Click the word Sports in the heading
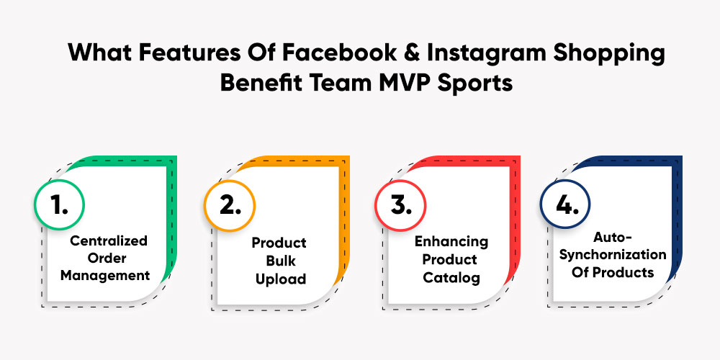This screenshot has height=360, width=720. pyautogui.click(x=474, y=84)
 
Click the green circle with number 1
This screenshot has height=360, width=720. pyautogui.click(x=59, y=204)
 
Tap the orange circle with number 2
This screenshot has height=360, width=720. pyautogui.click(x=230, y=205)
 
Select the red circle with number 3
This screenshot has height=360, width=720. pyautogui.click(x=400, y=205)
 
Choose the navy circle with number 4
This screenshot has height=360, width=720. pyautogui.click(x=564, y=204)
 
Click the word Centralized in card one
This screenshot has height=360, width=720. pyautogui.click(x=109, y=240)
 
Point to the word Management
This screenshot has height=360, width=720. pyautogui.click(x=105, y=276)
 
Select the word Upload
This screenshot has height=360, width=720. pyautogui.click(x=281, y=279)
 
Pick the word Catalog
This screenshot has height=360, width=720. pyautogui.click(x=452, y=278)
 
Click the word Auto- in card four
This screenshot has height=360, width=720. pyautogui.click(x=613, y=238)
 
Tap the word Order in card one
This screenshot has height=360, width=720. pyautogui.click(x=107, y=258)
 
